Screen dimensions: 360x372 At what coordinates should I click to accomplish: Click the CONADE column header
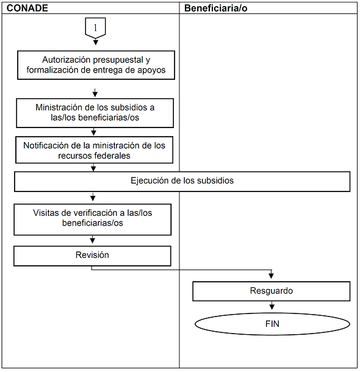coord(27,8)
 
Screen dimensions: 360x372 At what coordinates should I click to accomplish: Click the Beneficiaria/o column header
coord(216,9)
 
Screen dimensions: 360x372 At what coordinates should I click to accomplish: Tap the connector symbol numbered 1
coord(95,28)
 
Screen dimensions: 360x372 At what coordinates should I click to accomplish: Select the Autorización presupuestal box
coord(96,65)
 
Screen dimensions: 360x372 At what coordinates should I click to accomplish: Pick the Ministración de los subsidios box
coord(95,113)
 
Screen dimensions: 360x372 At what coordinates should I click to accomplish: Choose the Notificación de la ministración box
coord(94,150)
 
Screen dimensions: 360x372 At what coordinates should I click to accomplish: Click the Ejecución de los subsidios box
coord(182,182)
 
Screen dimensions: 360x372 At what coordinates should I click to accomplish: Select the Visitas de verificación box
coord(93,220)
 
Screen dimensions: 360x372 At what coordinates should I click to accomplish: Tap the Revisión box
coord(92,256)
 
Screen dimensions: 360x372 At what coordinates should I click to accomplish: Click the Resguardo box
coord(272,292)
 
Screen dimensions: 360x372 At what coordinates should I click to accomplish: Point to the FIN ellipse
coord(272,324)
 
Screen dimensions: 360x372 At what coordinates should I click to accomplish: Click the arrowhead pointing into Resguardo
coord(272,276)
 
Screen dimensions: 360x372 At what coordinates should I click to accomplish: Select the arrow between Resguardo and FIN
coord(272,306)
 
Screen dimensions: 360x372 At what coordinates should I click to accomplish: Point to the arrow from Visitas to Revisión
coord(93,240)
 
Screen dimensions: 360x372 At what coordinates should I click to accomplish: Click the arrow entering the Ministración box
coord(95,93)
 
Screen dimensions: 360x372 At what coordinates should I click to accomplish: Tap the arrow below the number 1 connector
coord(96,41)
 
